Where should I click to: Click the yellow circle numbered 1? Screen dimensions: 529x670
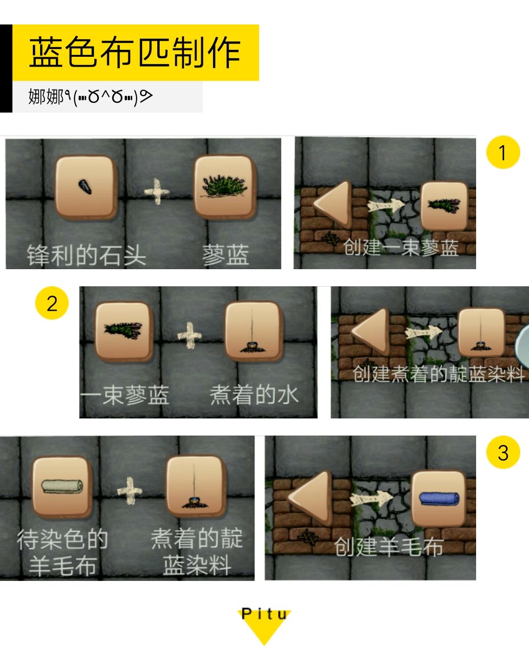(x=503, y=152)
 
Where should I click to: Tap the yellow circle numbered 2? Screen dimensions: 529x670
(x=52, y=303)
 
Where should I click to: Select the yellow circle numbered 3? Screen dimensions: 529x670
(x=503, y=452)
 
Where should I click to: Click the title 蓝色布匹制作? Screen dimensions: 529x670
(x=135, y=52)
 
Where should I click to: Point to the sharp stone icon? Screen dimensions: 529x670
(x=85, y=187)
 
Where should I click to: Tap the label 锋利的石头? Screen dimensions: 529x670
(x=86, y=255)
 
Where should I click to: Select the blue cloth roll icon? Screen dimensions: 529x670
(x=439, y=499)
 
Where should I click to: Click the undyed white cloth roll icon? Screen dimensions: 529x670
(x=62, y=486)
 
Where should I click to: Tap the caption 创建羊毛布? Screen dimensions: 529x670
(x=389, y=547)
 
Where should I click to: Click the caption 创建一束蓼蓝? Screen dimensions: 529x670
(x=401, y=248)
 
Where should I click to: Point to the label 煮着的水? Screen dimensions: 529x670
(x=254, y=395)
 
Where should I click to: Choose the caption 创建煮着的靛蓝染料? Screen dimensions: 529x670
(x=438, y=373)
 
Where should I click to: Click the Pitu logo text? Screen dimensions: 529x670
(x=264, y=614)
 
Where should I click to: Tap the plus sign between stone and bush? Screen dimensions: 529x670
(x=157, y=191)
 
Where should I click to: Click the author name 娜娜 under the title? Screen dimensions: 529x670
(x=46, y=96)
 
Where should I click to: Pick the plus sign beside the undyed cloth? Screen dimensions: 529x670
(x=130, y=490)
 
